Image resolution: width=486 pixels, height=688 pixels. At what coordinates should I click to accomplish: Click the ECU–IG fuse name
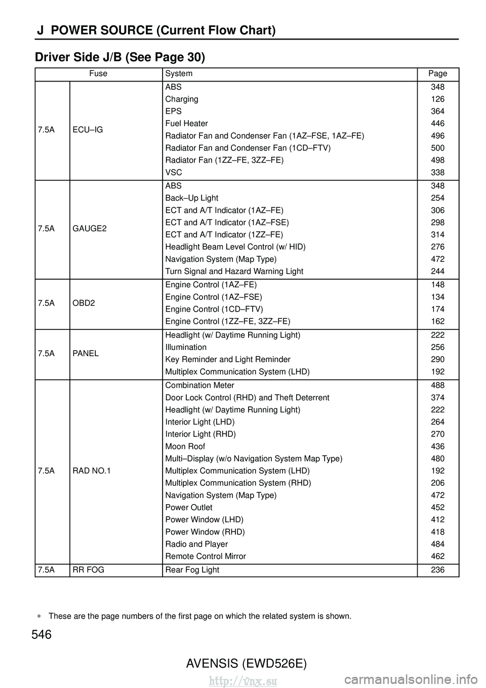[x=88, y=130]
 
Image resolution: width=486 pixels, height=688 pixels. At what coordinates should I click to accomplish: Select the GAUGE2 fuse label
[x=90, y=228]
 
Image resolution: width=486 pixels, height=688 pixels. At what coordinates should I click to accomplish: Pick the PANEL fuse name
[x=86, y=353]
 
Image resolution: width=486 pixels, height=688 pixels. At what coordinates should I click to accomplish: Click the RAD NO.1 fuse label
[x=92, y=471]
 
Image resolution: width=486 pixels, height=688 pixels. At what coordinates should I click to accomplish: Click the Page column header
[x=437, y=73]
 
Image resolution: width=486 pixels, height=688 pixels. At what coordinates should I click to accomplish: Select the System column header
[x=179, y=73]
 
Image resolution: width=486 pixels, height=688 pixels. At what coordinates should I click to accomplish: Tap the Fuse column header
[x=98, y=73]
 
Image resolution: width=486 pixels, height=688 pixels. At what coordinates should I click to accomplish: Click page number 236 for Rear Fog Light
[x=437, y=570]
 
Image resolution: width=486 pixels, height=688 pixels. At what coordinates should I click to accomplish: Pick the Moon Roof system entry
[x=185, y=446]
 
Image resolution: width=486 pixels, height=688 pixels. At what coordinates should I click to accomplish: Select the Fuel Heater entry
[x=186, y=124]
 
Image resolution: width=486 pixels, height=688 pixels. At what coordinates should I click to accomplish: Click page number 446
[x=437, y=124]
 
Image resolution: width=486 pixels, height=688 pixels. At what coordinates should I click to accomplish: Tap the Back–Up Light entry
[x=192, y=198]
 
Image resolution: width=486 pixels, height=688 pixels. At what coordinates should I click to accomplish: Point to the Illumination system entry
[x=186, y=348]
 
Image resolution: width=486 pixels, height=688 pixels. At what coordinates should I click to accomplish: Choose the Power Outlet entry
[x=189, y=508]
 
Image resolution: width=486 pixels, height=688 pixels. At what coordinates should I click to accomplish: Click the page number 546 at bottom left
[x=42, y=634]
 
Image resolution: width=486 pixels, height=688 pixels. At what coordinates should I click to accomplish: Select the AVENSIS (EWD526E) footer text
[x=246, y=663]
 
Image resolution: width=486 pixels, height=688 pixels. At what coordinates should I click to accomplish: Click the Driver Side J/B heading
[x=120, y=58]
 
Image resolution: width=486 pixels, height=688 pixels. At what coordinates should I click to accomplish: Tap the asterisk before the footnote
[x=38, y=617]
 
